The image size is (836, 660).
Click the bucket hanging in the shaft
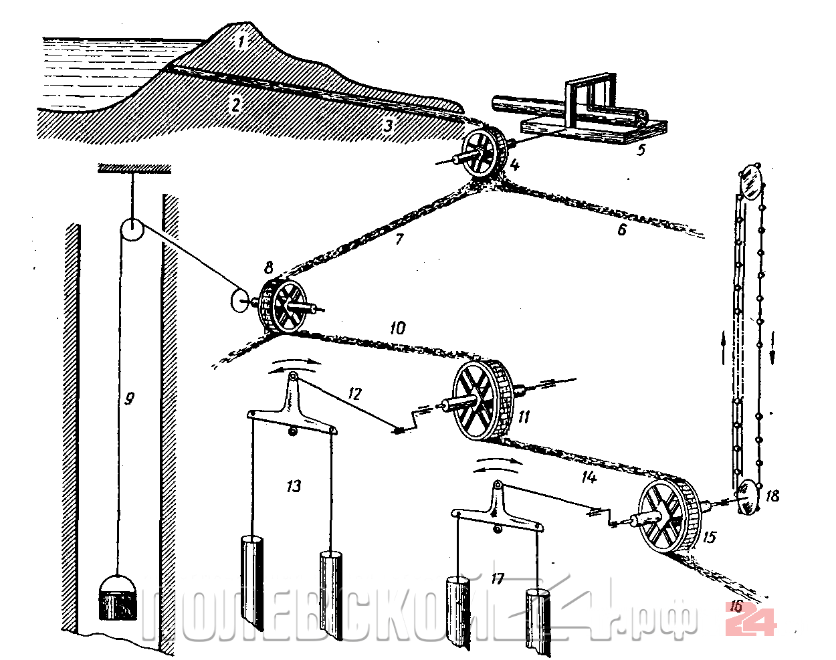coord(118,597)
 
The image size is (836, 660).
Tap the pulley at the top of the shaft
coord(132,229)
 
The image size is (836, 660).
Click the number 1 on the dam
coord(241,42)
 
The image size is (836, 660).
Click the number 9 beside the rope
coord(129,398)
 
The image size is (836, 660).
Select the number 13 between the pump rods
coord(294,486)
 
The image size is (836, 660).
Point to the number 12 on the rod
coord(354,394)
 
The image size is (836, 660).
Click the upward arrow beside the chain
coord(723,348)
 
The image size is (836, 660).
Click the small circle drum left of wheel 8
coord(239,300)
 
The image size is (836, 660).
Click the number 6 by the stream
coord(622,230)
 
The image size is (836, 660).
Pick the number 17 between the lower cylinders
coord(497,578)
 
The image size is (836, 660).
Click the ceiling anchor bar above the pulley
coord(134,169)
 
